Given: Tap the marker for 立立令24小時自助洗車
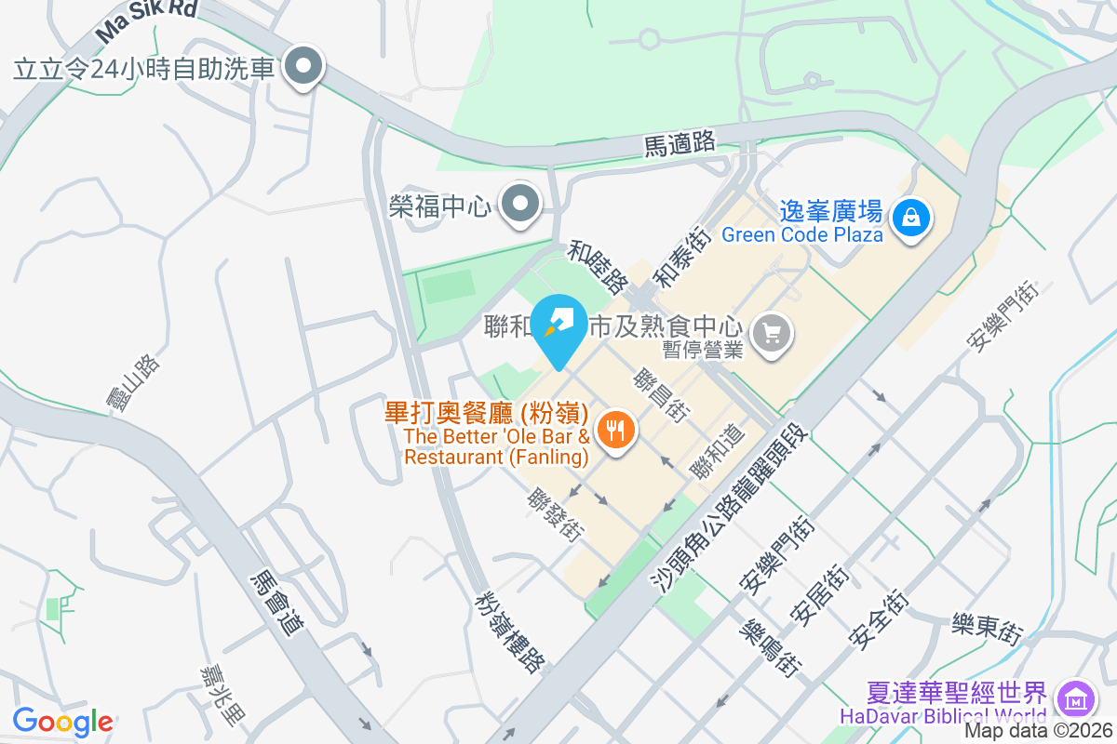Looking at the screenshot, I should [303, 67].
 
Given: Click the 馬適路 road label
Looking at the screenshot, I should [680, 143].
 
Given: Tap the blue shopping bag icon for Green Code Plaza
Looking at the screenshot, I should [910, 219].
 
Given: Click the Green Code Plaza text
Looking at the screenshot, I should [801, 234].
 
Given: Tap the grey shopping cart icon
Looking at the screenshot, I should [771, 331].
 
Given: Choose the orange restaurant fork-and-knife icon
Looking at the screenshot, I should [615, 431].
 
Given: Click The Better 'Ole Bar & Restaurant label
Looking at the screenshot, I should [497, 446].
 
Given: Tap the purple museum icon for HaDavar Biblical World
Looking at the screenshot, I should [1077, 697].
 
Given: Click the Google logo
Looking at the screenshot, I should [62, 721].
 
